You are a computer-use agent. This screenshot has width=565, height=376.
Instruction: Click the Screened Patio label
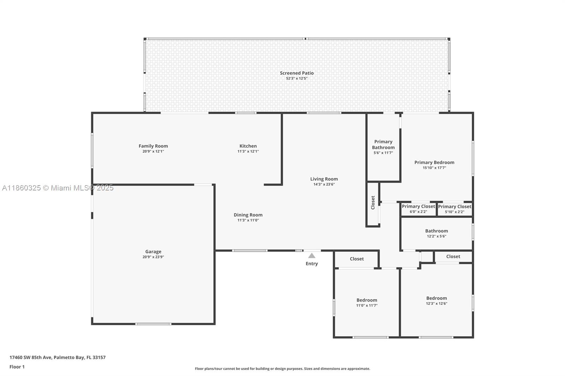click(x=297, y=73)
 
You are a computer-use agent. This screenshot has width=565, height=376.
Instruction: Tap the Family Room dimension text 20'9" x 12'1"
click(x=153, y=151)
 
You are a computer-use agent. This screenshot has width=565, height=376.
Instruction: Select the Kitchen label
click(x=248, y=146)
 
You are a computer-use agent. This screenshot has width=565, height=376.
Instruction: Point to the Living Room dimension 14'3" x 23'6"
click(x=324, y=184)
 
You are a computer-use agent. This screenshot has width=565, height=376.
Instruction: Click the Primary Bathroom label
click(x=383, y=145)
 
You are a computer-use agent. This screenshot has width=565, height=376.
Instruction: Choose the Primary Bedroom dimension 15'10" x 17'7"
click(x=434, y=168)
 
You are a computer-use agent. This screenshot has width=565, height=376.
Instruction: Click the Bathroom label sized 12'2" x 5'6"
click(x=436, y=231)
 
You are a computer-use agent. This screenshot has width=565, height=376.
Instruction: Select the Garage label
click(x=153, y=251)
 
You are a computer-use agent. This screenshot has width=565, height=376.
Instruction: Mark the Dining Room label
click(x=248, y=215)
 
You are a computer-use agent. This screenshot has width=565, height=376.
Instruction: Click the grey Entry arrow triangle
click(x=311, y=256)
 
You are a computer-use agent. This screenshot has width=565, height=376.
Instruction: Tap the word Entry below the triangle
click(x=311, y=263)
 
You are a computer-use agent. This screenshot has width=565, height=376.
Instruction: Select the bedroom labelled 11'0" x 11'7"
click(x=367, y=300)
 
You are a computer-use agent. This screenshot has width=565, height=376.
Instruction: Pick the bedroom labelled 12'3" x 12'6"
click(x=436, y=298)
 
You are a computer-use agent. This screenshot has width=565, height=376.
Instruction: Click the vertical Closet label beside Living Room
click(x=373, y=202)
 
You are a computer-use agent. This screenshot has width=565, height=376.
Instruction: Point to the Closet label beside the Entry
click(x=357, y=259)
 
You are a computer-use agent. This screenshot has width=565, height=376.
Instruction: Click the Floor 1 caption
click(x=17, y=367)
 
